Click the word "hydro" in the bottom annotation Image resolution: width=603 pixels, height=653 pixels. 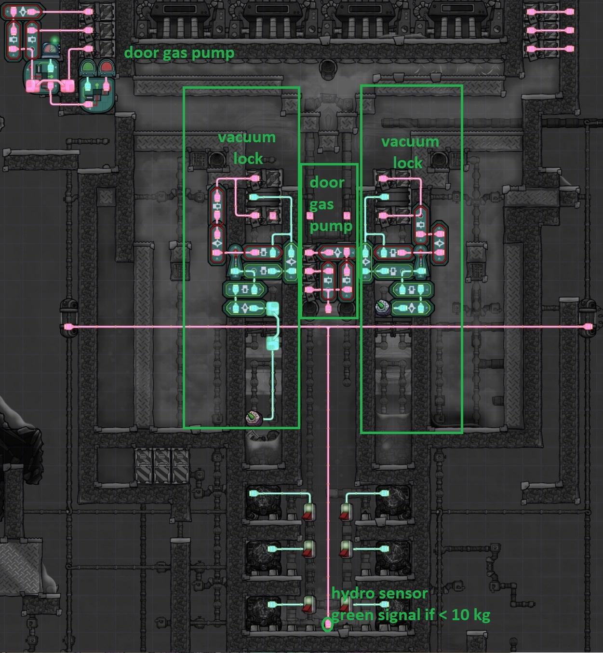coord(348,593)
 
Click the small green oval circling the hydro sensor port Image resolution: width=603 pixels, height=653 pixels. coord(327,625)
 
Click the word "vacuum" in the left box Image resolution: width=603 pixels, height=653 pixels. coord(246,137)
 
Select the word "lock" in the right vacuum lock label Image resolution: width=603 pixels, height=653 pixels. coord(407,163)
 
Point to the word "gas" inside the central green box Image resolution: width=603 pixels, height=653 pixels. coord(321,204)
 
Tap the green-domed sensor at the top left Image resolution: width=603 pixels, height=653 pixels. coord(88,67)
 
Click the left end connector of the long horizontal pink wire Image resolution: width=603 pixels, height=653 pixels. coord(68,327)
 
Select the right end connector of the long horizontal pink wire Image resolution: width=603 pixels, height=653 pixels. coord(587,327)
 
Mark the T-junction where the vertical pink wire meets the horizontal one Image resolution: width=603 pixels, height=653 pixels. coord(328,327)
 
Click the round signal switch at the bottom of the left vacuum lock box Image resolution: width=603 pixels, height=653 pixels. coord(253,417)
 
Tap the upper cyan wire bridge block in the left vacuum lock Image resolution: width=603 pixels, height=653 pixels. coord(272,308)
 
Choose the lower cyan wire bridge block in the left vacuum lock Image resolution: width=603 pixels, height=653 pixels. coord(272,343)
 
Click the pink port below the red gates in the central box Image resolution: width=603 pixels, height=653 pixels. coord(328,309)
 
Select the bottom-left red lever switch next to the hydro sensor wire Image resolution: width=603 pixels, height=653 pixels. coord(308,605)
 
